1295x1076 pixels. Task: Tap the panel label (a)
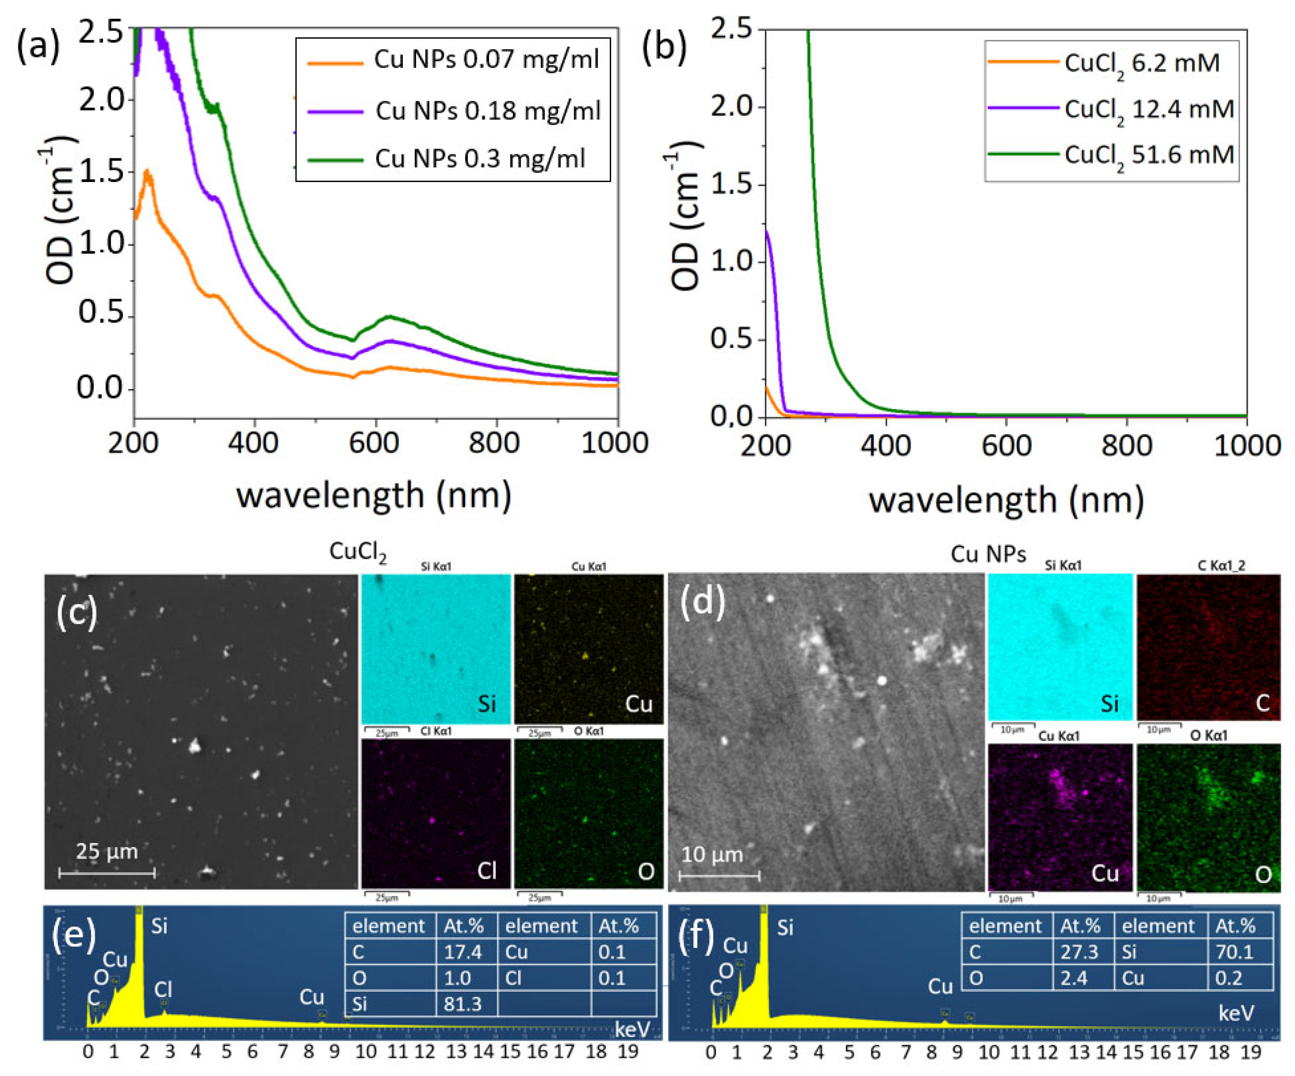(38, 46)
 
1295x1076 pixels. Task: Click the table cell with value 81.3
(462, 1004)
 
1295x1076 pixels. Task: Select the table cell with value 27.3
(1079, 952)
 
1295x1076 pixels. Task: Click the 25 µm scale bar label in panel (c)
(107, 851)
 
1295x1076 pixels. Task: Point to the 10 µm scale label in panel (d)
(712, 854)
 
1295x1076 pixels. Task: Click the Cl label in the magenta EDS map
(487, 871)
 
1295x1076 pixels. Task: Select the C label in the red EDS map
(1262, 703)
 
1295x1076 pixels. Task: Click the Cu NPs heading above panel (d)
(988, 554)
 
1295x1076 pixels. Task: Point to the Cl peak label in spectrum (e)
(163, 990)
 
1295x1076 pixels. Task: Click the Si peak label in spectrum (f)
(785, 928)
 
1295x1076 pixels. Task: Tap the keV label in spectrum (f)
(1236, 1012)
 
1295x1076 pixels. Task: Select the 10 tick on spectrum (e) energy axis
(366, 1052)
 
